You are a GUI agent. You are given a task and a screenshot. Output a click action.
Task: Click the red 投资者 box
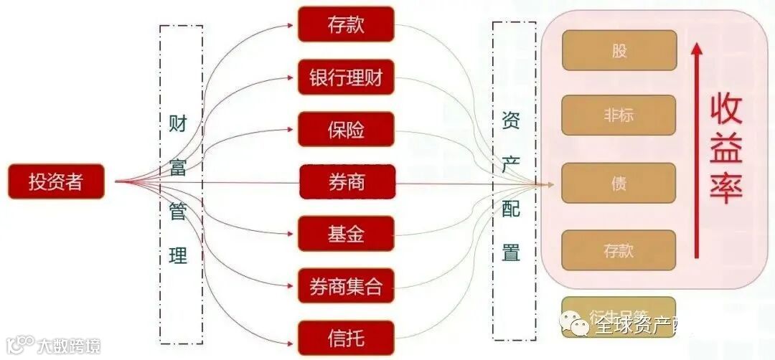coord(56,182)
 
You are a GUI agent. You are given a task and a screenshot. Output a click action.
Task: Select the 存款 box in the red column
coord(346,24)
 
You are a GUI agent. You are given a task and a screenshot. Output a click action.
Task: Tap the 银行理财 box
coord(346,77)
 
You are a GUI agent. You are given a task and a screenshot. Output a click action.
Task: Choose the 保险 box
coord(346,130)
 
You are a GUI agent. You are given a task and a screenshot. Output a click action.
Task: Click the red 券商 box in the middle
coord(347,182)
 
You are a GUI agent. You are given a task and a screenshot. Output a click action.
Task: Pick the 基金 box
coord(347,234)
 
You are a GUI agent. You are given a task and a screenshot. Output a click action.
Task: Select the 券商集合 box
coord(346,286)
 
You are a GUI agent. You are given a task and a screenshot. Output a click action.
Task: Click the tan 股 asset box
coord(619,50)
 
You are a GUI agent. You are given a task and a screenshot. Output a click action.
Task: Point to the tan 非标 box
coord(619,115)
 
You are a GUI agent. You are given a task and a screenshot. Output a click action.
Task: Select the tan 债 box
coord(619,183)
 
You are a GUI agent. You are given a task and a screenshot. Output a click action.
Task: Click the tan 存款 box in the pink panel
coord(619,250)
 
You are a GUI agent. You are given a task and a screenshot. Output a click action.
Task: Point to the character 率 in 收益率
coord(726,188)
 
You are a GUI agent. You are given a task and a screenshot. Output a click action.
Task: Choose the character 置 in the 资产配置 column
coord(511,252)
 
